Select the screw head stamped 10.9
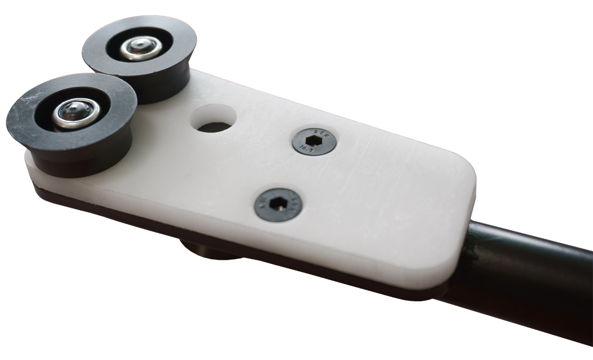pyautogui.click(x=314, y=142)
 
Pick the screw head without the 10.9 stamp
pyautogui.click(x=278, y=204)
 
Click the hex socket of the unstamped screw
pyautogui.click(x=279, y=204)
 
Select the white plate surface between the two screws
pyautogui.click(x=296, y=173)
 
